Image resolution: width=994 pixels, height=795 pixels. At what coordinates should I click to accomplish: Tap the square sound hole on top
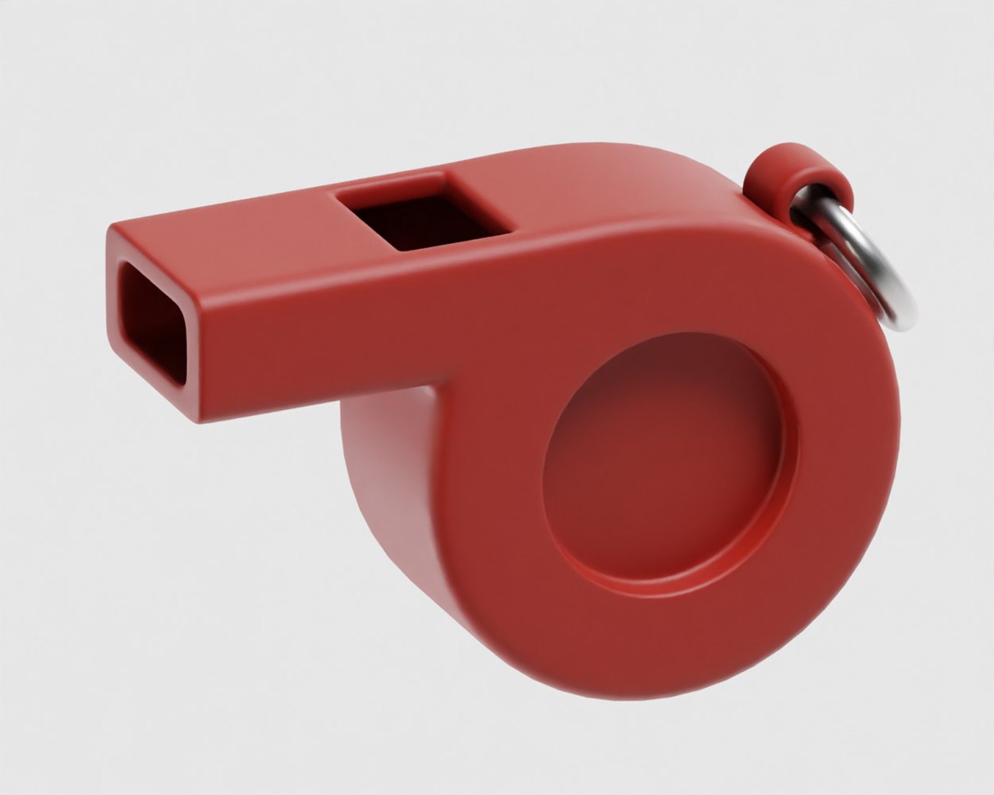point(422,212)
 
